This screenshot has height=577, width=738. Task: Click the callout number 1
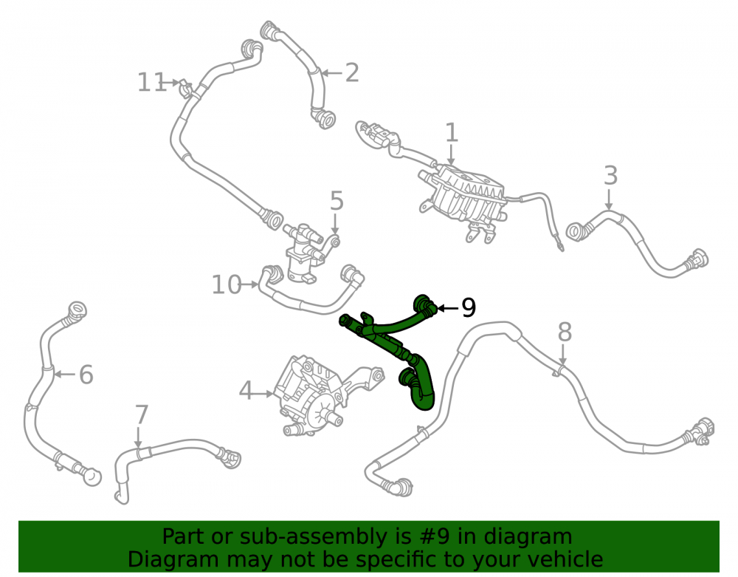coord(452,132)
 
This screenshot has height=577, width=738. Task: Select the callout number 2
coord(352,73)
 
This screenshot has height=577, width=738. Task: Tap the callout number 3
coord(610,176)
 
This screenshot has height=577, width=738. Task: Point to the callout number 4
coord(246,392)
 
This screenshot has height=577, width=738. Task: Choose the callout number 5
coord(337,201)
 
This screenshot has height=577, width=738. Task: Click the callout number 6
coord(86,375)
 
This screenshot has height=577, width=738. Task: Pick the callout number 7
coord(141,415)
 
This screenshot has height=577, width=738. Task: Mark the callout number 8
coord(565,332)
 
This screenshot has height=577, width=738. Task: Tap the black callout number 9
coord(469,308)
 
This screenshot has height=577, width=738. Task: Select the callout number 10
coord(227,285)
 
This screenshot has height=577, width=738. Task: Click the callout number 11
coord(151,83)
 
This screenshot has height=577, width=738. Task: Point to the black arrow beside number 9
coord(448,309)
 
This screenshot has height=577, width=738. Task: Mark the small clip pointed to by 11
coord(186,87)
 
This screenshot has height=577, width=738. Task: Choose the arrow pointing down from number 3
coord(609,199)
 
